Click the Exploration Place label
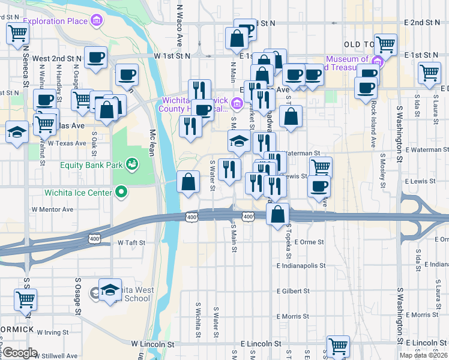[x=55, y=22]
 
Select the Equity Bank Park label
[x=91, y=164]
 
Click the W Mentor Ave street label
[x=52, y=209]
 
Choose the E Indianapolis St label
[x=301, y=265]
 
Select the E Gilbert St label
[x=293, y=290]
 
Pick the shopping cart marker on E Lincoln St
[x=338, y=346]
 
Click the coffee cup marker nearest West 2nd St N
[x=95, y=58]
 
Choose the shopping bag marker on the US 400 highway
[x=278, y=215]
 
